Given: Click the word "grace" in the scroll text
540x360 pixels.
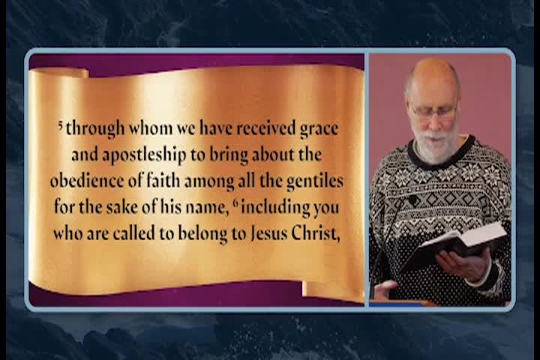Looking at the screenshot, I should pos(319,128).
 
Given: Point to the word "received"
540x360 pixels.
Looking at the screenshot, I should pos(264,128).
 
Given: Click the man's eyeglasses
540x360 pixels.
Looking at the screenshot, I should pos(433,113).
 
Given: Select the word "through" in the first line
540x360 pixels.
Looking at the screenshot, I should pos(94,128).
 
